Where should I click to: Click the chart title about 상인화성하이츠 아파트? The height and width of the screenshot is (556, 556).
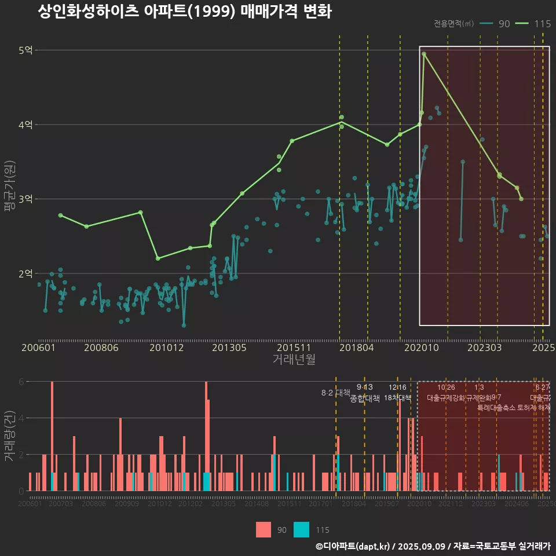[184, 12]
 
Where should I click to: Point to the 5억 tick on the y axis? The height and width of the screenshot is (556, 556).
[25, 50]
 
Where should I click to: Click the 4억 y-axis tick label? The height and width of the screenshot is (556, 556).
[25, 125]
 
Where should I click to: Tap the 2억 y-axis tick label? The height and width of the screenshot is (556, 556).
[25, 273]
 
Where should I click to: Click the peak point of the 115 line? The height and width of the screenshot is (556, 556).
[424, 54]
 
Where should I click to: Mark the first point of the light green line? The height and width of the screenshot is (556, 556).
[60, 215]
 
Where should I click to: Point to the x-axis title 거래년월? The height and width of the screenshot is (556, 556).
[294, 360]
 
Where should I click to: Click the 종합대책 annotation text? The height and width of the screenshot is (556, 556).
[365, 398]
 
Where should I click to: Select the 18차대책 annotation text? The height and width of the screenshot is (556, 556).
[397, 398]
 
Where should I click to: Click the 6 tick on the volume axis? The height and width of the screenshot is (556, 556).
[21, 382]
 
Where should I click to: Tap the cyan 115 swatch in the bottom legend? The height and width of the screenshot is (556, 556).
[301, 530]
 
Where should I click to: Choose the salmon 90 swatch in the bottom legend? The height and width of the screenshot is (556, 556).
[264, 530]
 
